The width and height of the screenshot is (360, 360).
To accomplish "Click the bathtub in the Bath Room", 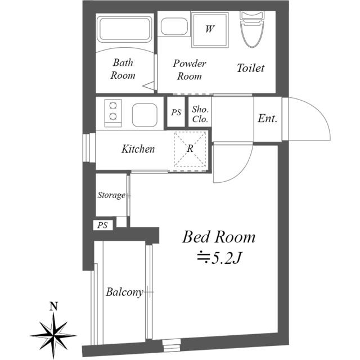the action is [x=125, y=29].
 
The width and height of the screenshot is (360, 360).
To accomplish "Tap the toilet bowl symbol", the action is [x=252, y=29].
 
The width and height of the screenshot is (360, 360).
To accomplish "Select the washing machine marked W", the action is [x=210, y=30].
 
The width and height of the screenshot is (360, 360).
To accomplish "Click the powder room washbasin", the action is [x=174, y=26].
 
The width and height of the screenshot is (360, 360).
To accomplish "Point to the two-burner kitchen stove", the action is [x=113, y=113].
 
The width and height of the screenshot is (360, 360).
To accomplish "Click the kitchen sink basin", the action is [x=145, y=115].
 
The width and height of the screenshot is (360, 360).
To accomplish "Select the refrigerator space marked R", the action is [x=190, y=148].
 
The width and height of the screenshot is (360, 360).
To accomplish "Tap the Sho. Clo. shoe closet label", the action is [x=200, y=114].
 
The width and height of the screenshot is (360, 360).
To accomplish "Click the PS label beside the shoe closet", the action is [x=176, y=112].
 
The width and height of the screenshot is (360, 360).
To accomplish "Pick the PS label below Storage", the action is [x=102, y=225].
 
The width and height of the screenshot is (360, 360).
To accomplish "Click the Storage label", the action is [x=111, y=195].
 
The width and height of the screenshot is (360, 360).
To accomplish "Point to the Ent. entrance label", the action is [x=268, y=119].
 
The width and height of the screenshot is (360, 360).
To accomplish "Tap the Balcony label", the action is [x=124, y=292].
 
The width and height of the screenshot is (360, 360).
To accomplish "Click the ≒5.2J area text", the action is [x=219, y=258].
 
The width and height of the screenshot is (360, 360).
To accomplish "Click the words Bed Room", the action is [x=219, y=237].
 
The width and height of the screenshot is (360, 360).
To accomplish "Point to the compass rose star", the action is [x=54, y=335].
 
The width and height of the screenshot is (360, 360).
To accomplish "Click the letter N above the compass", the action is [x=54, y=306].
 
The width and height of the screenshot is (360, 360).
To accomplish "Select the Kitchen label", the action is [x=138, y=149].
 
